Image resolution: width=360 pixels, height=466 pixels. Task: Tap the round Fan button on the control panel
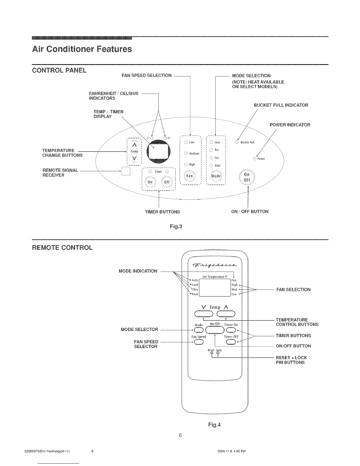tap(190, 176)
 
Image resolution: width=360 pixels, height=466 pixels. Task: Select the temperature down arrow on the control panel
tap(134, 159)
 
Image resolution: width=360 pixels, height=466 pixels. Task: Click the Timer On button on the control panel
tap(150, 182)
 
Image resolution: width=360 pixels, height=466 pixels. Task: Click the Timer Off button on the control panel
tap(167, 182)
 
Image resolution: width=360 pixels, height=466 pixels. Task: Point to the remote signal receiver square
tap(126, 172)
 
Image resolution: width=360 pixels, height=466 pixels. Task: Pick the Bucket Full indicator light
tap(236, 142)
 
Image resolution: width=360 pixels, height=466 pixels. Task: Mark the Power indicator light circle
tap(255, 159)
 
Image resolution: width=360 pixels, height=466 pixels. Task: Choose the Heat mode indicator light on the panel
tap(211, 165)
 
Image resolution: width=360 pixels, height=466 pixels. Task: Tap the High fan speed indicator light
tap(186, 164)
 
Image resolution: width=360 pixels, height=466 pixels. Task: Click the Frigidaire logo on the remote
tap(215, 266)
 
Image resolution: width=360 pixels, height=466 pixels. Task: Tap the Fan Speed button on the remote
tap(199, 342)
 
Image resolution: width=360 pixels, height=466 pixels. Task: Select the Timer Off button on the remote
tap(231, 342)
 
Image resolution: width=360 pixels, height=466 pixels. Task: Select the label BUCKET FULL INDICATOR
tap(281, 105)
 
